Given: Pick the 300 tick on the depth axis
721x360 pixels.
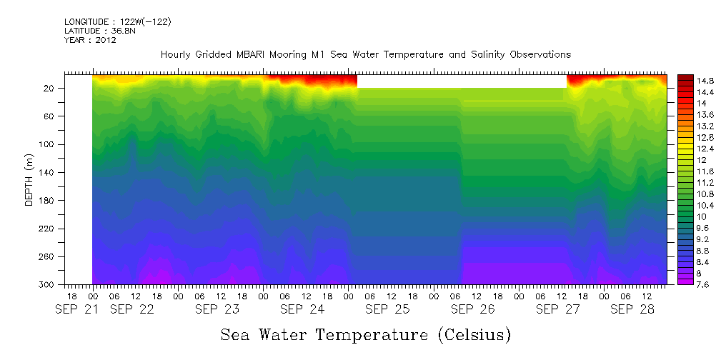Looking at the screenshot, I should click(51, 284).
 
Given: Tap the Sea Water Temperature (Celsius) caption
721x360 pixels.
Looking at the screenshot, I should click(366, 334).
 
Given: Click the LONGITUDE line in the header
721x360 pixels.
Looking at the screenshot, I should click(117, 21).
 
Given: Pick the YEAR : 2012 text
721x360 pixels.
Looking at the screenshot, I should click(90, 40).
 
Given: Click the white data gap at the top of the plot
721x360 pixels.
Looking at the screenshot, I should click(461, 81).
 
